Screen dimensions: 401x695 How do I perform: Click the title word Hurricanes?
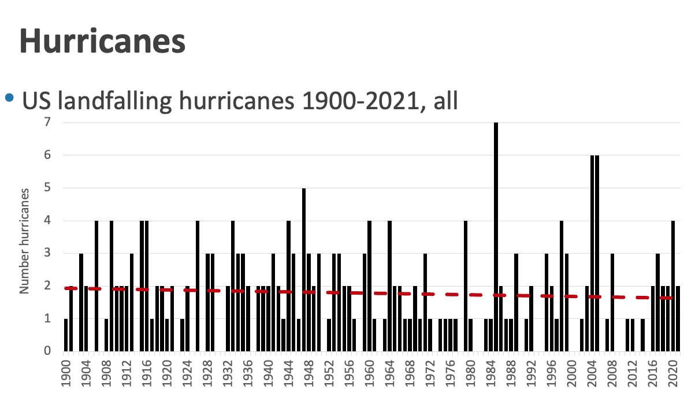pos(103,40)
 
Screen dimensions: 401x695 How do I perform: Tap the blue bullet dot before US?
pos(9,99)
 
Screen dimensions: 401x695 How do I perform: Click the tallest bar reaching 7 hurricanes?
pos(496,237)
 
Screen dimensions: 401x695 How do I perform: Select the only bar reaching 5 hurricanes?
pos(304,269)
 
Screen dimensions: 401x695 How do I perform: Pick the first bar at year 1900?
pos(66,335)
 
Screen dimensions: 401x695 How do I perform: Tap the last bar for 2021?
pos(678,318)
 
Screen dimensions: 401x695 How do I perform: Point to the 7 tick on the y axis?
pos(48,122)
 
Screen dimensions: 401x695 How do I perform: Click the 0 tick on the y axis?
pos(48,351)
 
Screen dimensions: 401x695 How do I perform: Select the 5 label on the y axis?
pos(48,188)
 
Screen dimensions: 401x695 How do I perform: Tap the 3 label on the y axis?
pos(48,253)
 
